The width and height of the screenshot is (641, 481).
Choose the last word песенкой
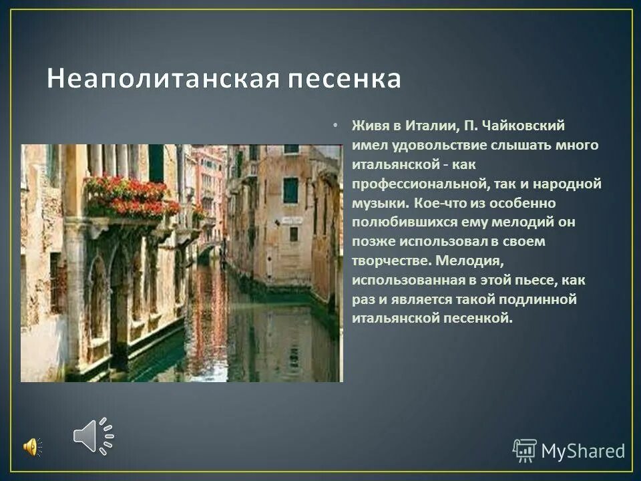(x=479, y=319)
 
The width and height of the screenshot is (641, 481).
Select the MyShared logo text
(x=583, y=451)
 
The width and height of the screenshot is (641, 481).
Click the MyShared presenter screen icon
(x=524, y=450)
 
